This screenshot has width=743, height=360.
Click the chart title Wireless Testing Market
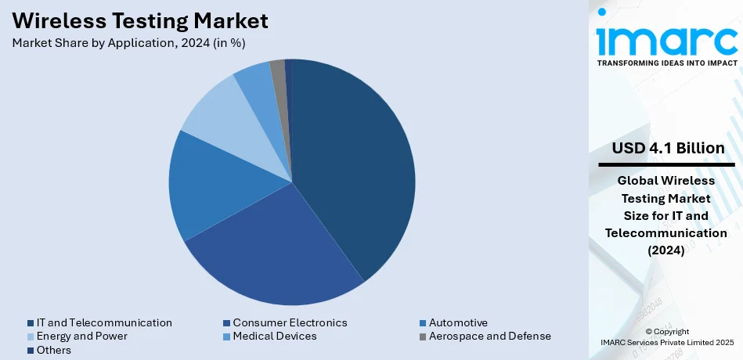pyautogui.click(x=140, y=20)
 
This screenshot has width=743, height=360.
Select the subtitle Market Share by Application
pyautogui.click(x=134, y=42)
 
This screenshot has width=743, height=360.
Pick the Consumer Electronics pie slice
pyautogui.click(x=274, y=250)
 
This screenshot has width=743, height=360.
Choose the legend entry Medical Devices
pyautogui.click(x=274, y=336)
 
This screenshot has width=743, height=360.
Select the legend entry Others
pyautogui.click(x=53, y=350)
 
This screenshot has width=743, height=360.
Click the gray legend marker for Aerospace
pyautogui.click(x=423, y=336)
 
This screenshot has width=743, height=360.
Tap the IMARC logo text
pyautogui.click(x=665, y=39)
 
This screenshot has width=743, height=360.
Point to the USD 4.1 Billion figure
pyautogui.click(x=668, y=149)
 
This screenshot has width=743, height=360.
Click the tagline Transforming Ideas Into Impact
pyautogui.click(x=666, y=63)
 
